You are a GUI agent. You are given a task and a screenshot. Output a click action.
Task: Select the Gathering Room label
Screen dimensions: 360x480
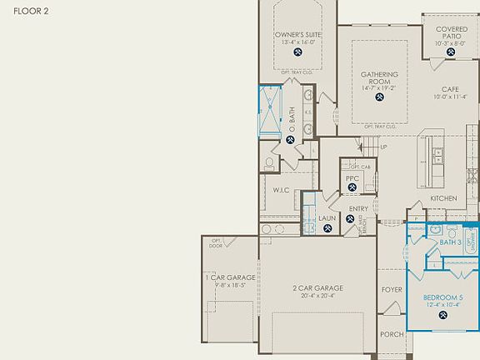379,77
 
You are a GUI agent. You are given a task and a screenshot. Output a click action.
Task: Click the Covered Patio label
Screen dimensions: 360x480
451,32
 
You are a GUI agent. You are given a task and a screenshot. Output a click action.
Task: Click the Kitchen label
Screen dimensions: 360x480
443,198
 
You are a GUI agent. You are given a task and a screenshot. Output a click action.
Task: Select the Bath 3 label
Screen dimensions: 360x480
450,242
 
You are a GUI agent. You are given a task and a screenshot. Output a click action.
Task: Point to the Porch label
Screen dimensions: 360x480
392,334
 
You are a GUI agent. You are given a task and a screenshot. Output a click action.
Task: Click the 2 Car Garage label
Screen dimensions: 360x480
317,288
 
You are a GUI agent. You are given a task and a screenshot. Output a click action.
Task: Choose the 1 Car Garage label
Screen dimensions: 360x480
230,277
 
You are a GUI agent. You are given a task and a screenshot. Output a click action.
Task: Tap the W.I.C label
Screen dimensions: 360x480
280,189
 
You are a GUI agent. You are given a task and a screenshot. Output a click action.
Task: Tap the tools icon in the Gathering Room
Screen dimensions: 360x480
379,96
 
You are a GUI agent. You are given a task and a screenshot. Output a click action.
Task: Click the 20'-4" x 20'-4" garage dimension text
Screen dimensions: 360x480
317,296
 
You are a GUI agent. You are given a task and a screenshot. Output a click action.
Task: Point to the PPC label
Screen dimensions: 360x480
352,178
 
